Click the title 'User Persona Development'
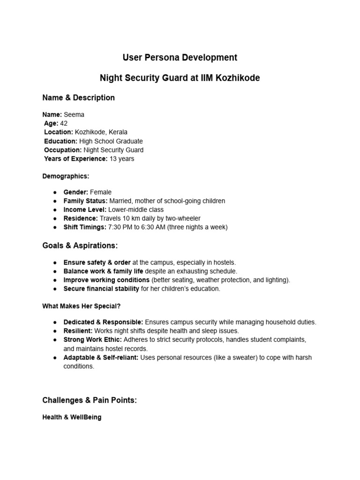pos(180,58)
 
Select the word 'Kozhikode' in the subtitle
pos(237,78)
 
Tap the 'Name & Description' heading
pos(78,98)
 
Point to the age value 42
pos(64,123)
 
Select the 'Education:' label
pos(61,141)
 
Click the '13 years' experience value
pos(122,159)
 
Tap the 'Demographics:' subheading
pos(66,176)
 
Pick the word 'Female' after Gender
pos(101,192)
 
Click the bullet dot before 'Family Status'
pos(55,201)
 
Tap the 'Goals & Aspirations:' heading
pos(80,246)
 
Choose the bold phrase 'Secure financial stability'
pos(101,289)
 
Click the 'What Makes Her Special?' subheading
pos(81,306)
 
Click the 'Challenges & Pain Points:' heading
pos(90,400)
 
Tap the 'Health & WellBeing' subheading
pos(72,417)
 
